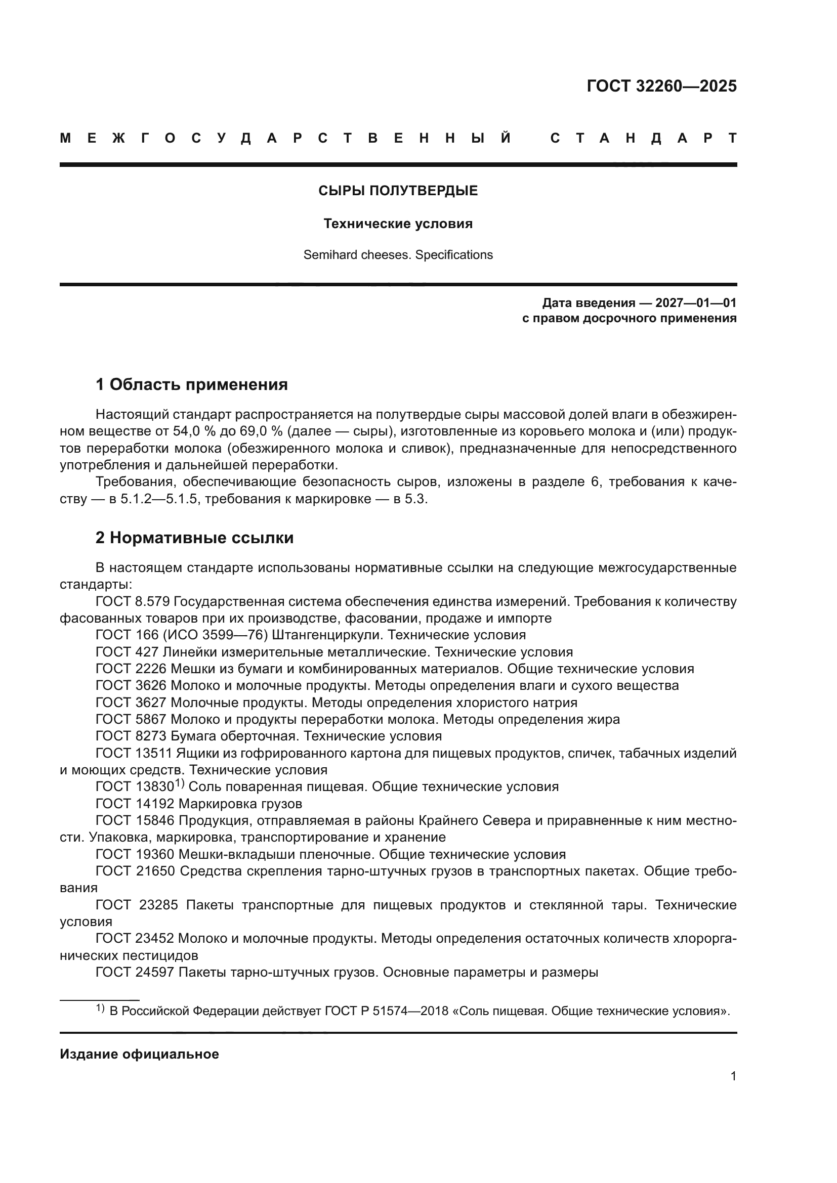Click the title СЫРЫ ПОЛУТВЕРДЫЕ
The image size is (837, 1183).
tap(398, 191)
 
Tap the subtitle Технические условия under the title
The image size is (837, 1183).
tap(398, 224)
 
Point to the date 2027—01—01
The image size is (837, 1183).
tap(696, 303)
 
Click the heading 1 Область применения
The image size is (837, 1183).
tap(191, 384)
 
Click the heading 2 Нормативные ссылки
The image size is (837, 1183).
tap(194, 538)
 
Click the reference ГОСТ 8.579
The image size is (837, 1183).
tap(133, 602)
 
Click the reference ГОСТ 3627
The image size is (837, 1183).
tap(131, 703)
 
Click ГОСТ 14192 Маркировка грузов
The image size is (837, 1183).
tap(199, 804)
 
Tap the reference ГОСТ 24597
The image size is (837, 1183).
tap(135, 973)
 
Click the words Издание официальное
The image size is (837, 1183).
tap(139, 1054)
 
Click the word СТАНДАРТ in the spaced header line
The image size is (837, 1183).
tap(643, 139)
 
